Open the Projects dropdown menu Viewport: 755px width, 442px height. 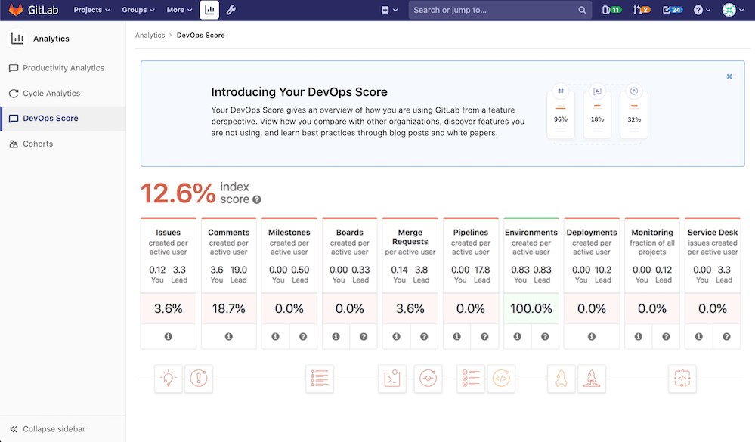click(91, 10)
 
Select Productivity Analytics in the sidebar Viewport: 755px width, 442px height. click(63, 68)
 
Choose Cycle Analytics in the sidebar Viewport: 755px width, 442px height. click(51, 94)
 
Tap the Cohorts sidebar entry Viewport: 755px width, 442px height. click(38, 144)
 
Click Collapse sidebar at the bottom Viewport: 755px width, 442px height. click(53, 429)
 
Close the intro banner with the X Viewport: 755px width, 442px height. click(729, 76)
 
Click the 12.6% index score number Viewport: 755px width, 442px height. click(178, 193)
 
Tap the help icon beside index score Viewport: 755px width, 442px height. click(257, 199)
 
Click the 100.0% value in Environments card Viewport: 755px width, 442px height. click(531, 308)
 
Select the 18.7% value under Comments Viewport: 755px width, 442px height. click(228, 308)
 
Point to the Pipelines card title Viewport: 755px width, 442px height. click(470, 233)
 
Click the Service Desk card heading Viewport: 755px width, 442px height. click(712, 233)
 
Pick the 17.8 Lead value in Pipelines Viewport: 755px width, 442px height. click(481, 270)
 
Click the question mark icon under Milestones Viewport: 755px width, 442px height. click(303, 337)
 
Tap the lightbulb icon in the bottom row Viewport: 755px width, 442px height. click(168, 379)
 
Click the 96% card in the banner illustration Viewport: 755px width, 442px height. click(560, 113)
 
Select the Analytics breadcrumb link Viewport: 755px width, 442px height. click(150, 36)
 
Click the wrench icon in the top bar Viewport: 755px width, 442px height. click(231, 10)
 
